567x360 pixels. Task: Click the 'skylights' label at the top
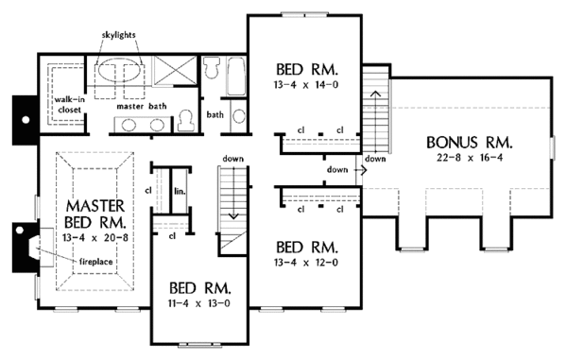coord(119,35)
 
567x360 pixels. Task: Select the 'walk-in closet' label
coord(69,105)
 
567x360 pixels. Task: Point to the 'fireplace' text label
coord(95,262)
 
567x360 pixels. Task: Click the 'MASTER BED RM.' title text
coord(95,214)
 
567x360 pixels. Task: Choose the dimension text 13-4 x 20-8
coord(95,238)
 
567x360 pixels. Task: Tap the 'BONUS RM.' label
coord(470,143)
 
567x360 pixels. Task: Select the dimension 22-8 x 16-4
coord(470,158)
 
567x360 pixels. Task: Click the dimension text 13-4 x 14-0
coord(306,85)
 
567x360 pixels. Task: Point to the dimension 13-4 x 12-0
coord(306,263)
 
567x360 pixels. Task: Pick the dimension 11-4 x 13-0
coord(198,303)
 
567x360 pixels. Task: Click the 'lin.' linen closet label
coord(180,191)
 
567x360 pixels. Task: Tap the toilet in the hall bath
coord(211,68)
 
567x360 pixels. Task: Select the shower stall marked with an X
coord(175,71)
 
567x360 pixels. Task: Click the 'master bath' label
coord(142,106)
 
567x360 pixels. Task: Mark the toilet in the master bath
coord(186,121)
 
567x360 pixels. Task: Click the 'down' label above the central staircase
coord(232,159)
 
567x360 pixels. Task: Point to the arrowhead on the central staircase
coord(233,216)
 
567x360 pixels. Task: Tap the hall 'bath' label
coord(215,115)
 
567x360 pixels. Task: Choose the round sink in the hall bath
coord(239,116)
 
